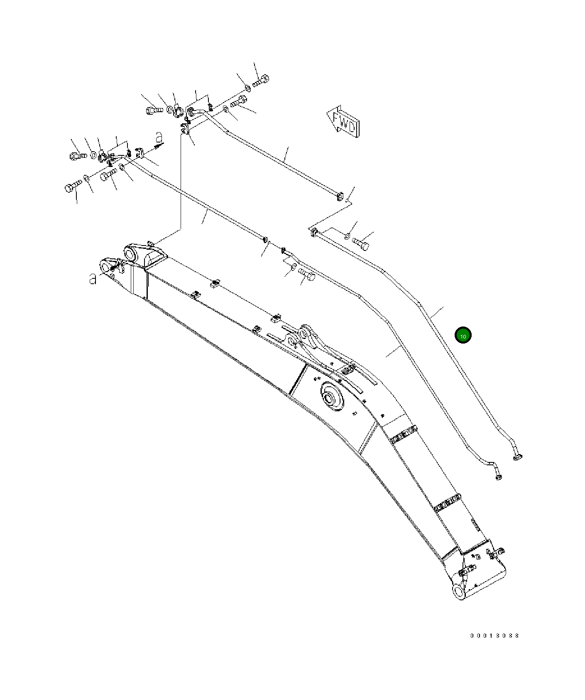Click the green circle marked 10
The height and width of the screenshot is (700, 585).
tap(463, 336)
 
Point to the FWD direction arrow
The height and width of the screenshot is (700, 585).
tap(343, 121)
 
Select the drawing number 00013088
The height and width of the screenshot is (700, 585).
tap(494, 636)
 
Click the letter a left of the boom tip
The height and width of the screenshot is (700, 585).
tap(93, 279)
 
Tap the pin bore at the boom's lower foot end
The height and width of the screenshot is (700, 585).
tap(459, 590)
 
